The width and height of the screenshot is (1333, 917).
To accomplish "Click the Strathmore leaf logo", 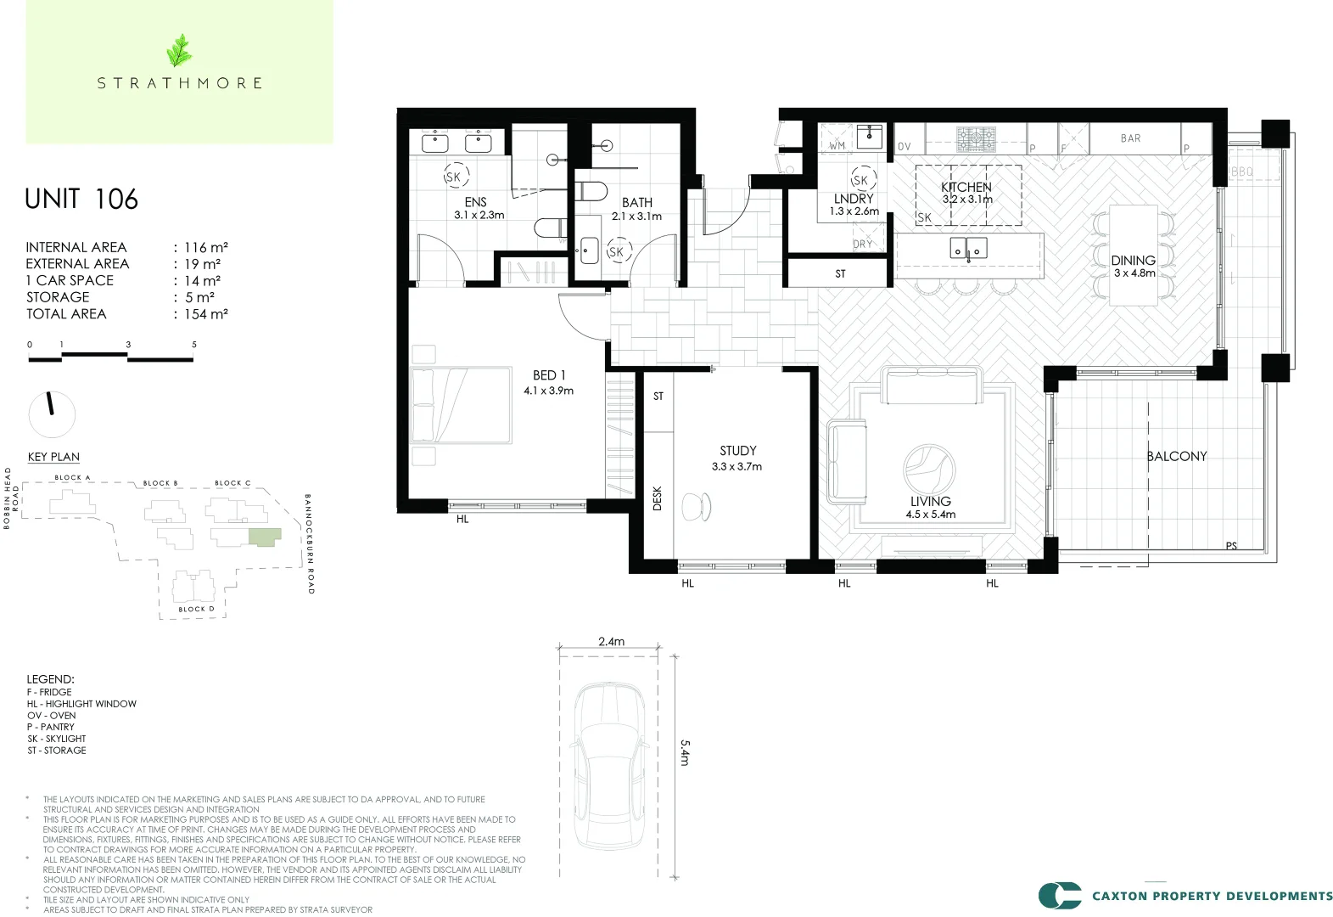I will point(179,51).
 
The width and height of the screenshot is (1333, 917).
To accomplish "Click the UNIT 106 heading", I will point(81,200).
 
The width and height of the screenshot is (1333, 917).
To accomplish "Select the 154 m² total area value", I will point(206,314).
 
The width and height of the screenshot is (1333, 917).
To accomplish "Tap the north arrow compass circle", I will point(52,414).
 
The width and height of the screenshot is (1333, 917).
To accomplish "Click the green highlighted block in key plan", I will point(264,537).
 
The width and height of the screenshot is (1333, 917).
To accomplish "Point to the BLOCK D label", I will point(196,609).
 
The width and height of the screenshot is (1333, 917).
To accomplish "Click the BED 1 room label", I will point(548,375).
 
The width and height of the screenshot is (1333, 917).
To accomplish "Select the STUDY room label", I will point(737,451).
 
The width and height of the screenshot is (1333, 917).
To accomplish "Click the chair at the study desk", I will point(697,506).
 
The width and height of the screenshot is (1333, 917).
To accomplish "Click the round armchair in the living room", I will point(929,469).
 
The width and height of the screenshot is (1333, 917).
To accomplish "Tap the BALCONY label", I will point(1176,457).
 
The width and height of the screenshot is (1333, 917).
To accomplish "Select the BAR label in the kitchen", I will point(1130,138).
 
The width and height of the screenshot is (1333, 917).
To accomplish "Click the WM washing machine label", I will point(837,145).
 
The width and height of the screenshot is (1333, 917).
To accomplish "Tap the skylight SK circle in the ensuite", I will point(454,177).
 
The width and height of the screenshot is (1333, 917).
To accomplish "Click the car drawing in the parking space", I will point(609,764).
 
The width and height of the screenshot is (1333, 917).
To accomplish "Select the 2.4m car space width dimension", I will point(611,642).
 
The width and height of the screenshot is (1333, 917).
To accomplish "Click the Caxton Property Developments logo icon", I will point(1060,896).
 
